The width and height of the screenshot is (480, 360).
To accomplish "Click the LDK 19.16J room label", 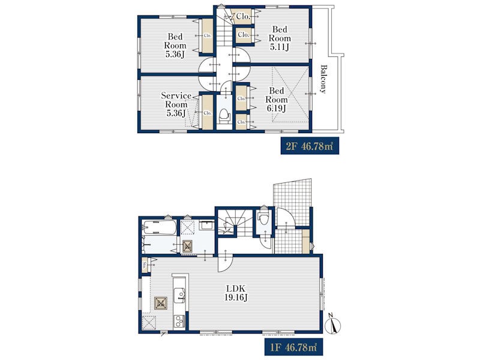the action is tap(236, 293).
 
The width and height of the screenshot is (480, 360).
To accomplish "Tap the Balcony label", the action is tap(323, 79).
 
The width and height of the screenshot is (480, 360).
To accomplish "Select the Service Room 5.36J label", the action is tap(176, 104).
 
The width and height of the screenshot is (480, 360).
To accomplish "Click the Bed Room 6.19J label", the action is tap(277, 100).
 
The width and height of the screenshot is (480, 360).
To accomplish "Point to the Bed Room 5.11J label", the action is tap(280, 38).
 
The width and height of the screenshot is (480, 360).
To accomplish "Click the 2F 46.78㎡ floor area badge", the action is tap(310, 146).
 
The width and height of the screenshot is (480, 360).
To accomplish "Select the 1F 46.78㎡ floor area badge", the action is tap(293, 347).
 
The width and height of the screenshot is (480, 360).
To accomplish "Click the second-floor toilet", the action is tap(224, 115).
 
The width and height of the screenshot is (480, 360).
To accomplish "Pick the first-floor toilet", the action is tap(263, 217).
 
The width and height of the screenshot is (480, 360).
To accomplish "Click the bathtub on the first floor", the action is tap(159, 227).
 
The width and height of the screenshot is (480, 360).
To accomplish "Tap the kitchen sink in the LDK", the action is tap(180, 295).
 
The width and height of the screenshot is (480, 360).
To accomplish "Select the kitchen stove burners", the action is tap(179, 322).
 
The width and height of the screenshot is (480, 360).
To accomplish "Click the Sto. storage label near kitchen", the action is tap(145, 265).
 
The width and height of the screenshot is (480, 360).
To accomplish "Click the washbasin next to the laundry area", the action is tap(206, 226).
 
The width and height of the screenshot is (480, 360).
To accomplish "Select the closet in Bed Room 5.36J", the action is tap(207, 36).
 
